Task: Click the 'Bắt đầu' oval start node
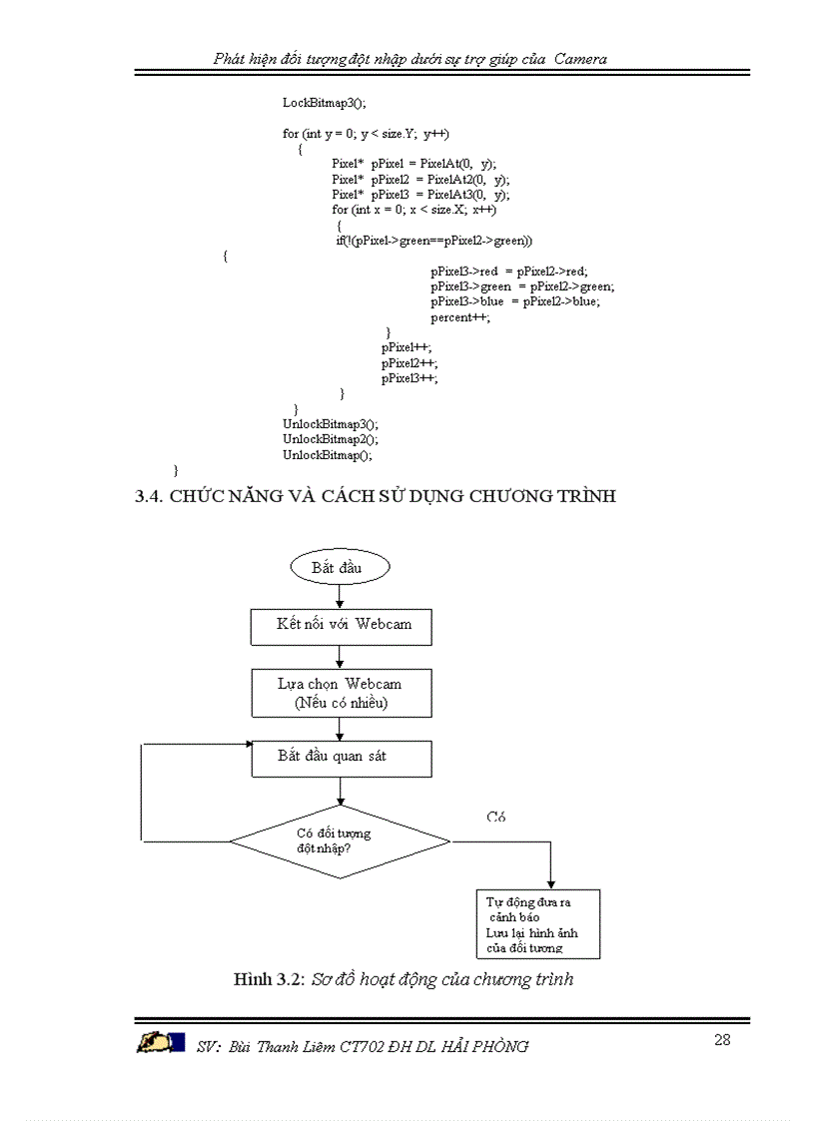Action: [340, 567]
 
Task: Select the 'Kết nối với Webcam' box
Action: [341, 626]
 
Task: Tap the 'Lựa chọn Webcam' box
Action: [341, 692]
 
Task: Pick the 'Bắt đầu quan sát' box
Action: [341, 758]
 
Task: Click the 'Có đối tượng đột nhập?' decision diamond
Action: [340, 841]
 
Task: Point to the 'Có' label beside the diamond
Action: [496, 817]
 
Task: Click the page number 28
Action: [722, 1039]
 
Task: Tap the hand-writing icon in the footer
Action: [160, 1043]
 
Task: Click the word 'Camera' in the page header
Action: [581, 59]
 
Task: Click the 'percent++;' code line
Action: [460, 317]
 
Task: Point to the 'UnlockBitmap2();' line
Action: [331, 439]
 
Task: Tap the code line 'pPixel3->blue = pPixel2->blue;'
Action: [515, 301]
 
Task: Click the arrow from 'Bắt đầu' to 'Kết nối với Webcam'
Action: [340, 595]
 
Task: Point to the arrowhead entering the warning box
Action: [550, 884]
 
